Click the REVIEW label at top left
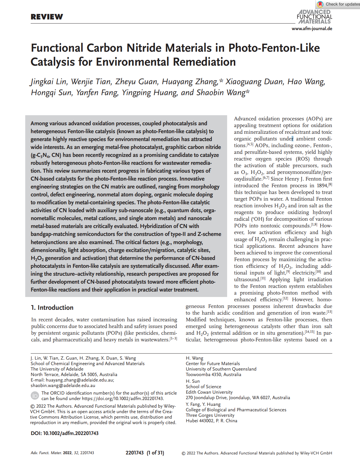pyautogui.click(x=47, y=17)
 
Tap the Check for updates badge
pyautogui.click(x=338, y=4)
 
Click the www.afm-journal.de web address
pyautogui.click(x=312, y=29)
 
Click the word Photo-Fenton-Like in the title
pyautogui.click(x=274, y=48)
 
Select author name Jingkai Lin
pyautogui.click(x=49, y=82)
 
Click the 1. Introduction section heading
pyautogui.click(x=52, y=308)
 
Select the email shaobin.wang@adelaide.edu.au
pyautogui.click(x=63, y=385)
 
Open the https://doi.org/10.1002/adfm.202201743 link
pyautogui.click(x=123, y=399)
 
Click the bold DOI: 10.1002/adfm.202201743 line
pyautogui.click(x=64, y=433)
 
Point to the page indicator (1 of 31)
pyautogui.click(x=155, y=453)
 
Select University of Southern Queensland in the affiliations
pyautogui.click(x=221, y=369)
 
